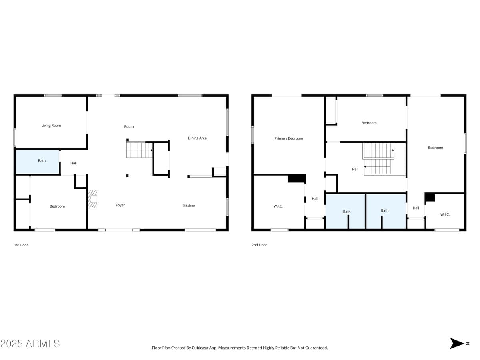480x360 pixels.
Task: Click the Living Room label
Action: [x=51, y=126]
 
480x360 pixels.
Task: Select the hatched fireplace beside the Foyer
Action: [x=93, y=199]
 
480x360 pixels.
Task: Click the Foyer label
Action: [x=120, y=205]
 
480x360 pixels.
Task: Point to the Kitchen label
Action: [x=189, y=206]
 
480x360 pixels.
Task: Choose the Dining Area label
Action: [x=197, y=138]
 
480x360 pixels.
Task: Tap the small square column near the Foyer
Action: [x=127, y=175]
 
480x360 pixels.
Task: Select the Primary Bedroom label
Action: [x=289, y=138]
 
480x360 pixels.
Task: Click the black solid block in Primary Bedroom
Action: [x=296, y=178]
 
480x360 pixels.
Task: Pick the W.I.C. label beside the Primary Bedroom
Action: [x=278, y=206]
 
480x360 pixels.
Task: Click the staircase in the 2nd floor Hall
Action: [x=378, y=159]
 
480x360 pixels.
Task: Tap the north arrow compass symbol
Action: [x=456, y=343]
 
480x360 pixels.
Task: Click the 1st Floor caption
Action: [x=21, y=245]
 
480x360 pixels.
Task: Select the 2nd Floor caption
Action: [x=259, y=245]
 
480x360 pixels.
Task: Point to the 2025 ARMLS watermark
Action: [x=30, y=343]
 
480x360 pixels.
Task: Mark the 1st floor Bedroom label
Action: [x=57, y=206]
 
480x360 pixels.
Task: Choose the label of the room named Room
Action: [x=129, y=127]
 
